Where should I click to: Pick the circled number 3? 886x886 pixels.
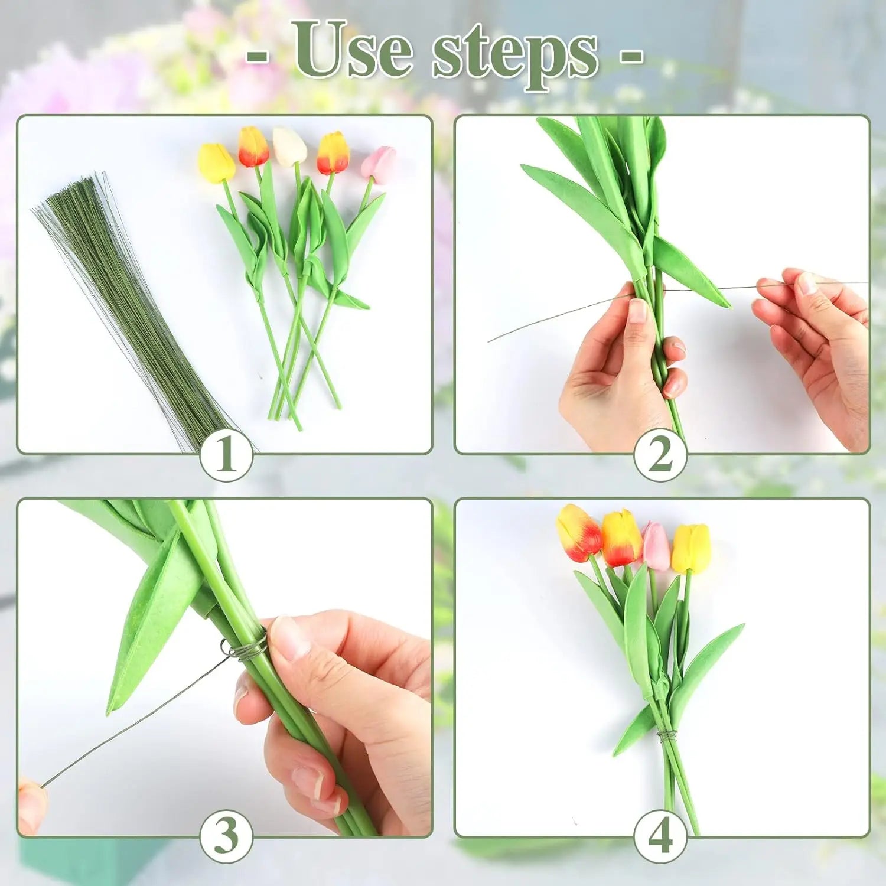[226, 836]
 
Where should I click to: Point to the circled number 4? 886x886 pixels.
[660, 836]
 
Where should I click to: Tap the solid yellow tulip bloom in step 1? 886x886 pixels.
[216, 162]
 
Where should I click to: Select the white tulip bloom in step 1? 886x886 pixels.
[289, 146]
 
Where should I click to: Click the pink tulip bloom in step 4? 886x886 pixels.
[656, 546]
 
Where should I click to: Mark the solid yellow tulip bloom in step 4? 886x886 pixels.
[691, 548]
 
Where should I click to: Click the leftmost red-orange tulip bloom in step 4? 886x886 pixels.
[578, 533]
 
